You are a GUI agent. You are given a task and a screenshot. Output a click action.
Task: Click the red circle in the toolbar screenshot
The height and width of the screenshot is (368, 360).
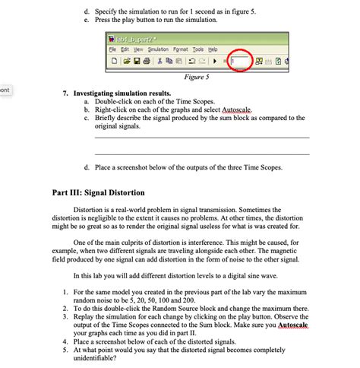[x=241, y=59]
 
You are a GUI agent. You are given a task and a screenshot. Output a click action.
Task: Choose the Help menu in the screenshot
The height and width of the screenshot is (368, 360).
[x=219, y=47]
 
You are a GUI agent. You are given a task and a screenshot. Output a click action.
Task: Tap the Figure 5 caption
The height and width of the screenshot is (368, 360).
[x=197, y=76]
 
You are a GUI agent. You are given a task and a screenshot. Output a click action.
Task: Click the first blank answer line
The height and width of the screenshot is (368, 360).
[x=202, y=137]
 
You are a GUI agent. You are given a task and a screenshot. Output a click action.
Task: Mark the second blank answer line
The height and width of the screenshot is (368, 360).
[x=202, y=154]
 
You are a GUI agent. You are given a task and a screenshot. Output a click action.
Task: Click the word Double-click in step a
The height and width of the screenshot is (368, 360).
[x=112, y=101]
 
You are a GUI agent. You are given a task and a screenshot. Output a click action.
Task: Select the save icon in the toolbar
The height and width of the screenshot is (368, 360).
[x=134, y=59]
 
